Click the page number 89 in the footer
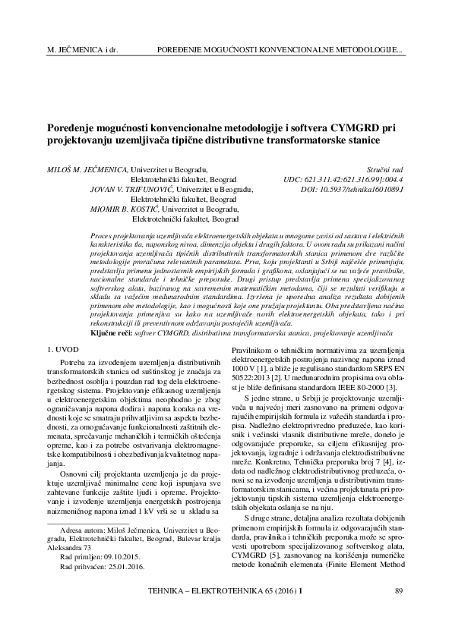pos(400,590)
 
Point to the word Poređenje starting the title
pos(74,129)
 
